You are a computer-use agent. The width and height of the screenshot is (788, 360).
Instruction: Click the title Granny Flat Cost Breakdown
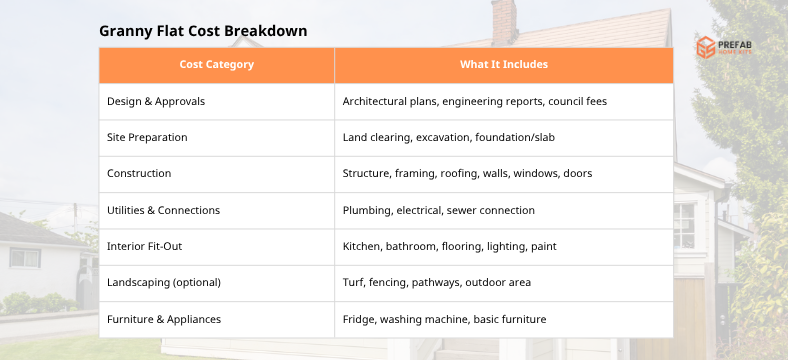[x=203, y=31]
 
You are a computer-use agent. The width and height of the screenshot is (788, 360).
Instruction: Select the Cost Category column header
[x=216, y=65]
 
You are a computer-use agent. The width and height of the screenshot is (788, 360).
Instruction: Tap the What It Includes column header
[x=504, y=65]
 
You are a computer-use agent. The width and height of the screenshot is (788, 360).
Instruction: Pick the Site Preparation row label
[x=147, y=137]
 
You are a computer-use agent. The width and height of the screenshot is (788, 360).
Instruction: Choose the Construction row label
[x=139, y=173]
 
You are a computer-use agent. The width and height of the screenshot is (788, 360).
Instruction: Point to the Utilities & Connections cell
[x=163, y=210]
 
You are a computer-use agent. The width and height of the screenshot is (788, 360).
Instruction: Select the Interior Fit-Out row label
[x=145, y=246]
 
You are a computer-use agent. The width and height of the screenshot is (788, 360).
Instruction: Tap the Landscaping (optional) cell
[x=164, y=282]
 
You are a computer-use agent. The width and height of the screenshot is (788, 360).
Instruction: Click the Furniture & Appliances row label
[x=164, y=319]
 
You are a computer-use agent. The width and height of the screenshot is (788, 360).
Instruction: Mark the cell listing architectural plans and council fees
[x=474, y=101]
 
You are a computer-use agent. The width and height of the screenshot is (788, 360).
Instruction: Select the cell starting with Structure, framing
[x=467, y=173]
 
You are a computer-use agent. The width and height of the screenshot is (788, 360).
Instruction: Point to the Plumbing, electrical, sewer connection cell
[x=438, y=210]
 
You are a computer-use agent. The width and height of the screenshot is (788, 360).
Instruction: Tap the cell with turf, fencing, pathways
[x=436, y=282]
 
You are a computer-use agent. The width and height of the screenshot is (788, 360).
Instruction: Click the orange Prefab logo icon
[x=706, y=47]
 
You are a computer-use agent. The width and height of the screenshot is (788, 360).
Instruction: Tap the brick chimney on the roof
[x=503, y=19]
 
